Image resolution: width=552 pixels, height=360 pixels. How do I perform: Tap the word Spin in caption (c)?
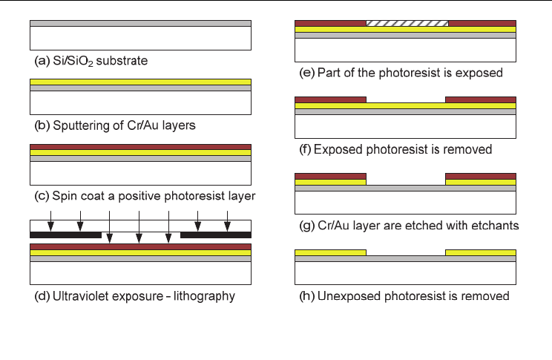tap(65, 196)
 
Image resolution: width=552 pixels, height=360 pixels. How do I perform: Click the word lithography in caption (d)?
tap(200, 296)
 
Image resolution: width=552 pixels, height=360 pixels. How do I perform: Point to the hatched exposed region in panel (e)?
tap(407, 23)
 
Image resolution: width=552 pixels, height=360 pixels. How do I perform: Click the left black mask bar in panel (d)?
tap(65, 235)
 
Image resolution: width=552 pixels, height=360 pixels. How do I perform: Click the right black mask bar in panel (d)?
tap(215, 235)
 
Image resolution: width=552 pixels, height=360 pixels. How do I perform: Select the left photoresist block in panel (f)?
tap(330, 99)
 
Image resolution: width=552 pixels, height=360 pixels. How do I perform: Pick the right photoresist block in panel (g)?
tap(480, 176)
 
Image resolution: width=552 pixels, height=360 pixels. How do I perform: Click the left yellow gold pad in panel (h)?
tap(330, 252)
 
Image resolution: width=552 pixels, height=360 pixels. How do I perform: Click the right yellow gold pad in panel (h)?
tap(480, 252)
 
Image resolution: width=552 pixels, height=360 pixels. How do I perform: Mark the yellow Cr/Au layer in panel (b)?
tap(140, 82)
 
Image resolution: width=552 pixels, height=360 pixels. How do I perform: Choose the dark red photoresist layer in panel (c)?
tap(140, 146)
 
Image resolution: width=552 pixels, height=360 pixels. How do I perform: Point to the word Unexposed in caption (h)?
tap(346, 295)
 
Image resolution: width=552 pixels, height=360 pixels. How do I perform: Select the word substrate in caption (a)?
tap(122, 61)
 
